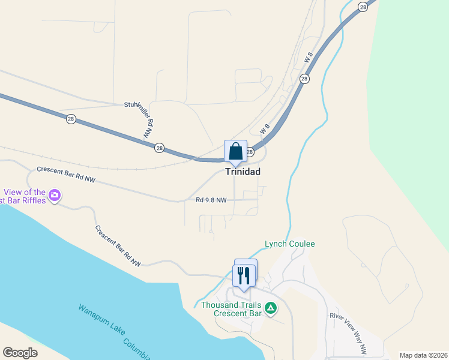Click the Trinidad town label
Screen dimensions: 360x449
(x=243, y=171)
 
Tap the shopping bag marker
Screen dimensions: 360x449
(x=235, y=151)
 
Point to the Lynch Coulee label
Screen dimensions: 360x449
(x=290, y=244)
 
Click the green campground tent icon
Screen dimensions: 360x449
(x=271, y=308)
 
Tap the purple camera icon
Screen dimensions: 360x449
(x=55, y=194)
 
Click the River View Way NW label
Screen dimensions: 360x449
(x=348, y=332)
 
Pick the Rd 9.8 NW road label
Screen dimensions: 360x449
(x=211, y=200)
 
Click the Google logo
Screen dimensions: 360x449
(x=20, y=353)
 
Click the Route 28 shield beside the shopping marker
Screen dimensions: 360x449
(x=250, y=152)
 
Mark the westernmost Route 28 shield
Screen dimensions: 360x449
(x=71, y=119)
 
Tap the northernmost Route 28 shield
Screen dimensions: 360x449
(x=363, y=7)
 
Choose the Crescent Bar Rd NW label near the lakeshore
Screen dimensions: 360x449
(x=117, y=246)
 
